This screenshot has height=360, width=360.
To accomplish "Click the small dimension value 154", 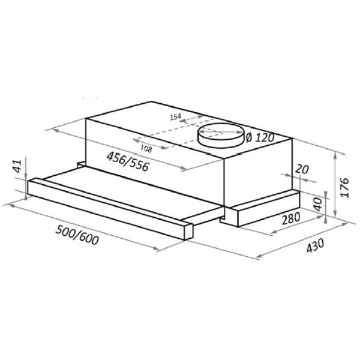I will [176, 118].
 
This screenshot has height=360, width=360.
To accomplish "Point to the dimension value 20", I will [302, 170].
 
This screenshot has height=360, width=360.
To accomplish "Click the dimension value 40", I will [319, 202].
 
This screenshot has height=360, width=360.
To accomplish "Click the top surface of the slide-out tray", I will [132, 186].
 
